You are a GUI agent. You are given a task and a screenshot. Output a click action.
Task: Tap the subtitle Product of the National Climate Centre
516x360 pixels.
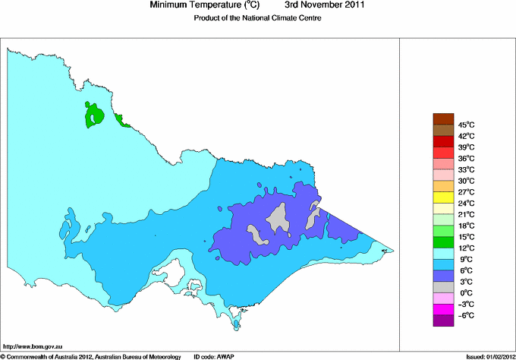(257, 18)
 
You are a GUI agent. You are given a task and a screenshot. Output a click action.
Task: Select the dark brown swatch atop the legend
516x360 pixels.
(442, 118)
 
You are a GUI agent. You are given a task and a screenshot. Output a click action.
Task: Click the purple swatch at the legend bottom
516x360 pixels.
(442, 321)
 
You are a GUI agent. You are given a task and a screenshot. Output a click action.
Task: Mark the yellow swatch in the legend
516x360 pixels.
(442, 197)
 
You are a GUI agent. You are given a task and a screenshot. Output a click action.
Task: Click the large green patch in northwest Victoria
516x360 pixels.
(95, 115)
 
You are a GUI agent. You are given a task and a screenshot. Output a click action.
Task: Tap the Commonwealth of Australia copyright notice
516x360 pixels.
(90, 355)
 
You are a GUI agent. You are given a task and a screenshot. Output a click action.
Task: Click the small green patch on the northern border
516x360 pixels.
(121, 118)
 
